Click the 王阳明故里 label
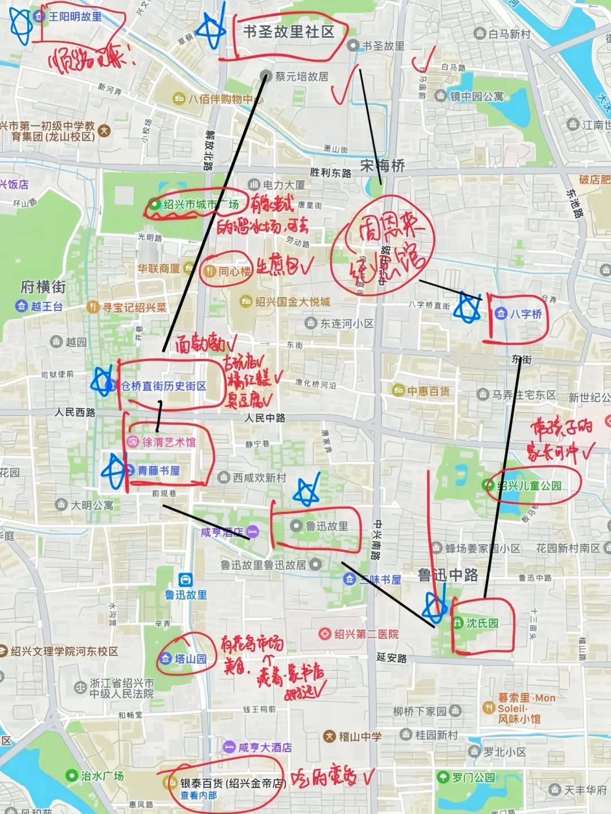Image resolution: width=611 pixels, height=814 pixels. [75, 17]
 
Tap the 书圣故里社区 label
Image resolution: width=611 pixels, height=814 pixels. [289, 32]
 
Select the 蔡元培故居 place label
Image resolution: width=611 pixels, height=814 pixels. [301, 76]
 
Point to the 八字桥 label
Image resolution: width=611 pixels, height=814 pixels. [526, 314]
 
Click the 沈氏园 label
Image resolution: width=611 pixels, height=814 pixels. [482, 623]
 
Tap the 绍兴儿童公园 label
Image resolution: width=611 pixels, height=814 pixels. [529, 485]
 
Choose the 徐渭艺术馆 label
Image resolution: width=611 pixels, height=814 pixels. [169, 442]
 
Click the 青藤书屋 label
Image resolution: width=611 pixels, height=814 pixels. [158, 471]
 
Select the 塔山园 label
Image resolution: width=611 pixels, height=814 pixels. [190, 659]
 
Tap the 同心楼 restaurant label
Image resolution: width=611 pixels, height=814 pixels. [234, 271]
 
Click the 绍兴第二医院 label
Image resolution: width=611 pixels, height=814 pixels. [366, 634]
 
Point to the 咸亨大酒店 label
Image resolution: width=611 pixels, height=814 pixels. [265, 747]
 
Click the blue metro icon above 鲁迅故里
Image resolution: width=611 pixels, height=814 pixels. [186, 580]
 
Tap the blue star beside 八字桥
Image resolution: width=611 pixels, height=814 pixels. [468, 309]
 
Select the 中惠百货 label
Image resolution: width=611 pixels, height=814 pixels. [428, 391]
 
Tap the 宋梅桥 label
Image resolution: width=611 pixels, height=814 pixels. [382, 166]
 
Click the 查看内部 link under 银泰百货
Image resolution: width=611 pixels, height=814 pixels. [199, 795]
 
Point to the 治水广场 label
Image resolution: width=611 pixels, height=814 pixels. [102, 776]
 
